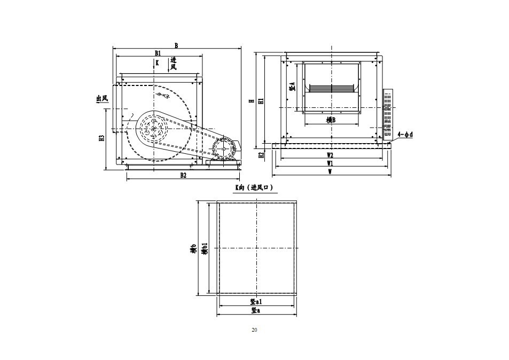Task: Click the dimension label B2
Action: pos(183,175)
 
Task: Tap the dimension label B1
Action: pos(158,52)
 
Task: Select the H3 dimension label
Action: pos(101,138)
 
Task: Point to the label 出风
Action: pos(102,98)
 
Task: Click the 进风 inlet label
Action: pos(174,64)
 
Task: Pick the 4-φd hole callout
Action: pos(405,134)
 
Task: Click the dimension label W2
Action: pos(330,155)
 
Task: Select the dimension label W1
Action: pos(330,163)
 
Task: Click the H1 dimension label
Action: pos(261,101)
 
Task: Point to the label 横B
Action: pos(331,120)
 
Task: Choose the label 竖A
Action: pos(292,87)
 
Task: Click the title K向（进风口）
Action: pos(254,187)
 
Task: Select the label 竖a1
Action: pos(256,302)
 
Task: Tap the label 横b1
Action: pos(205,248)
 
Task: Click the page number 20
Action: pos(254,330)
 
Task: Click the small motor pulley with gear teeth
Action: pos(224,148)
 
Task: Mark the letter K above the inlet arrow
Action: pos(157,62)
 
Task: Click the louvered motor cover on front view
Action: pos(388,114)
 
